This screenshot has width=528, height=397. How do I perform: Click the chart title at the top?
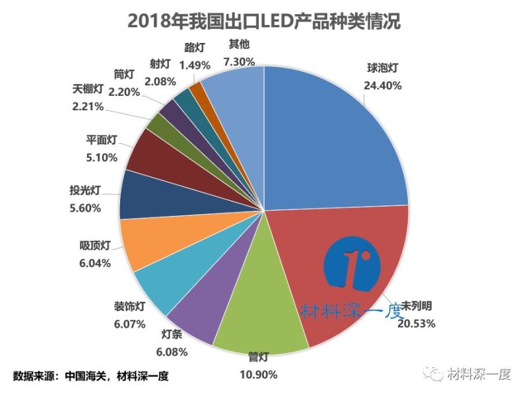click(263, 20)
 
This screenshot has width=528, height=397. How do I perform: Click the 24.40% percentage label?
click(382, 85)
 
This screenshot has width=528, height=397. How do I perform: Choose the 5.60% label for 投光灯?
click(84, 207)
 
